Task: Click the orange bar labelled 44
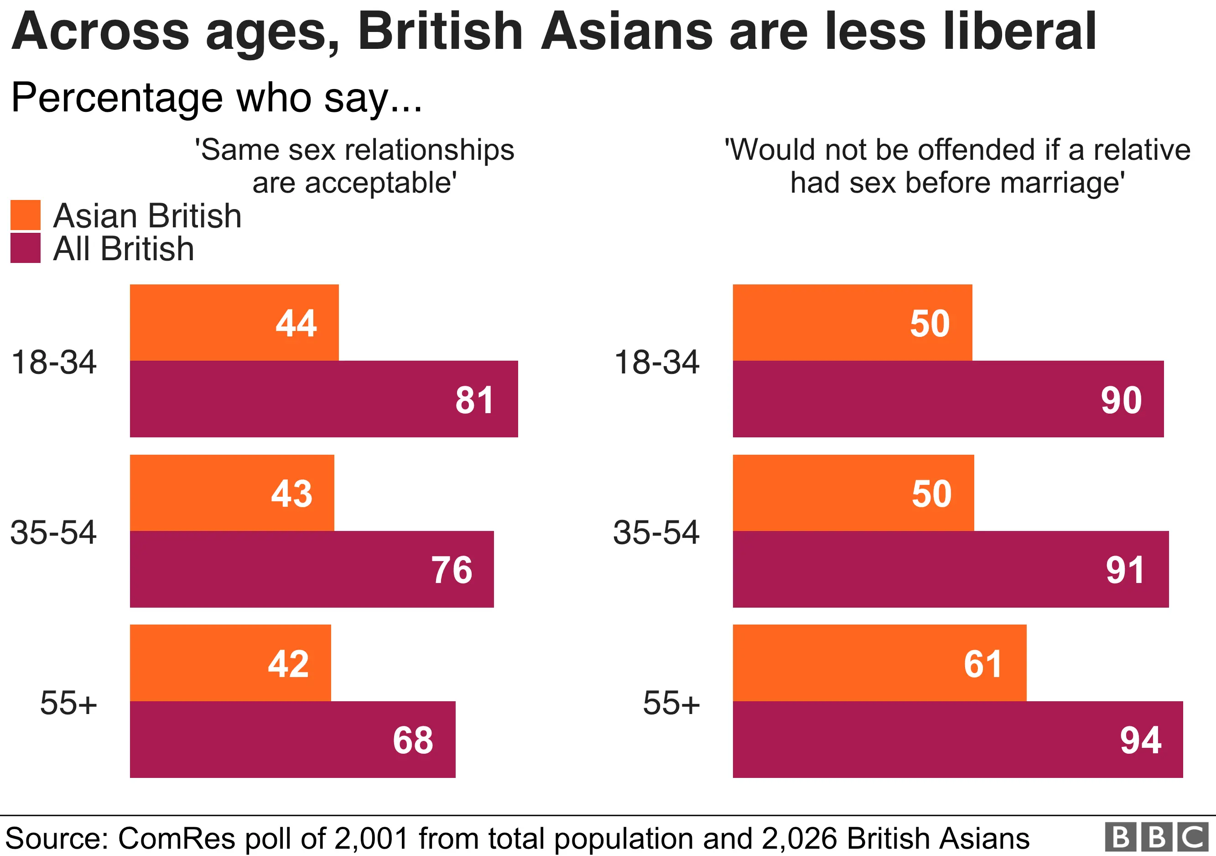pos(234,322)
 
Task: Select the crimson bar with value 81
pos(323,399)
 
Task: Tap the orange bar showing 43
pos(232,493)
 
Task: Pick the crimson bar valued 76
pos(312,569)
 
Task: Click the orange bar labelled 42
pos(230,662)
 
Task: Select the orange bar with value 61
pos(879,662)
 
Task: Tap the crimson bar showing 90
pos(948,399)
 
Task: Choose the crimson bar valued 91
pos(951,569)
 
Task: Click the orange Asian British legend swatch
pos(26,215)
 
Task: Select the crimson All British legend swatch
pos(26,247)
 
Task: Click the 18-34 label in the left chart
pos(53,362)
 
